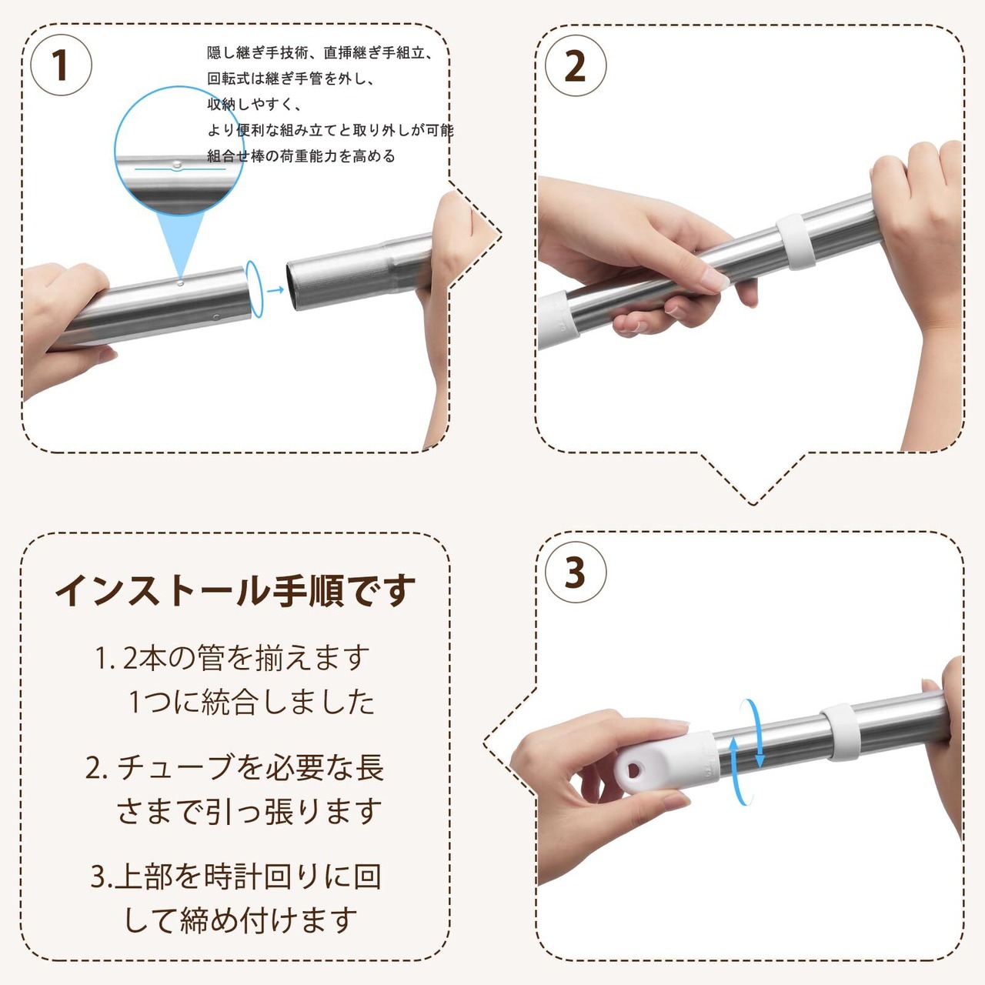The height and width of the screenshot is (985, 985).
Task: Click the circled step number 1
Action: [62, 65]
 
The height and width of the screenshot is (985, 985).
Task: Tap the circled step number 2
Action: [576, 66]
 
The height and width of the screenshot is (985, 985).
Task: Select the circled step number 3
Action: [576, 573]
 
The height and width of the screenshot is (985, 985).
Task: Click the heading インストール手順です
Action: [235, 590]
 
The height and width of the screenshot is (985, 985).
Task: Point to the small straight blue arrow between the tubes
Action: [275, 290]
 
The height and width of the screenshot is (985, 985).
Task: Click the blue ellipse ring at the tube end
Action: [255, 289]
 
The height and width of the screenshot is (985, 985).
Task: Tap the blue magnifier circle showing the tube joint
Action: [179, 152]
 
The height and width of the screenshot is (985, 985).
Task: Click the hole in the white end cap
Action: [634, 770]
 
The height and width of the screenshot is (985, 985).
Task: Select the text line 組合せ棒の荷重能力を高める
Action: [301, 156]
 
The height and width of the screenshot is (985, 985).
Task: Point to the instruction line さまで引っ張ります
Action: [249, 812]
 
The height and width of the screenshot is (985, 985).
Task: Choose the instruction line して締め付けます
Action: [241, 920]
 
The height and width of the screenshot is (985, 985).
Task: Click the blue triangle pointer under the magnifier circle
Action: [180, 245]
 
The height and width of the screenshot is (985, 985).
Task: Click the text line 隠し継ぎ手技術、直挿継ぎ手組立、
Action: [320, 52]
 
